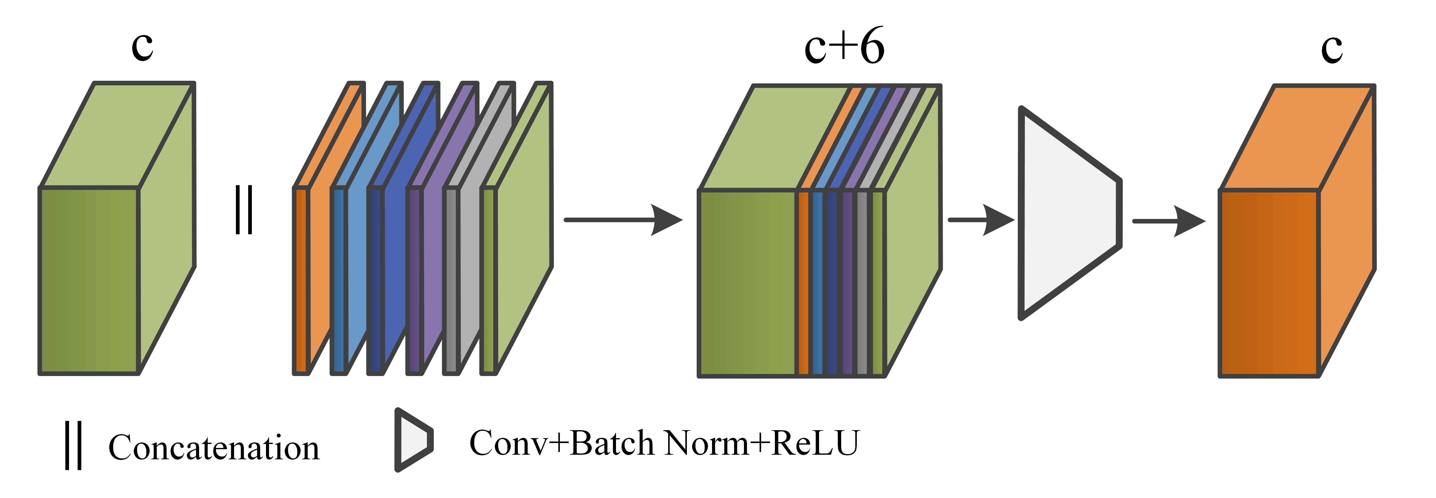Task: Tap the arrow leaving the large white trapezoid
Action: [x=1168, y=221]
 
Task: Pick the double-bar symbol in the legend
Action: [x=74, y=445]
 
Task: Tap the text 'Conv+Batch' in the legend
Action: [x=561, y=443]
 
